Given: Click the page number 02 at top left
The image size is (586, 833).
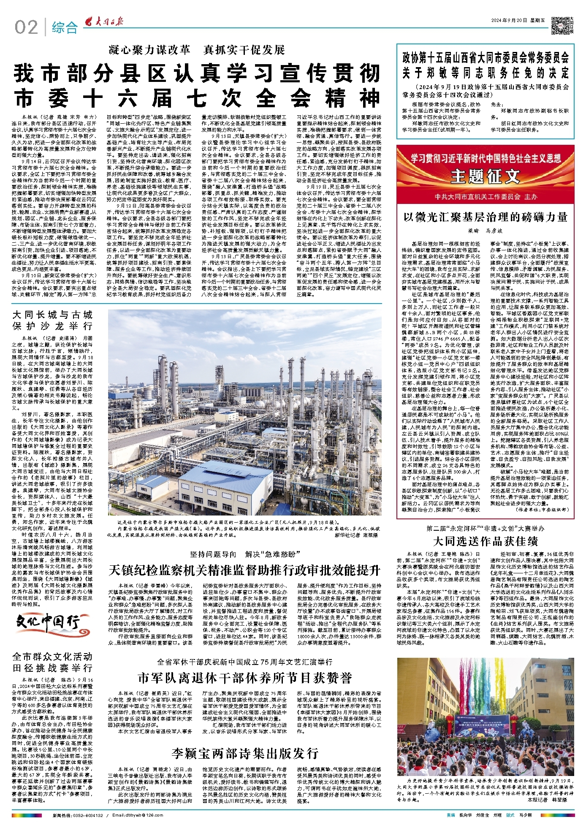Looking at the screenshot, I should click(26, 27).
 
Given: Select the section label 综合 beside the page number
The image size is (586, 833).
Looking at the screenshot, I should click(65, 28).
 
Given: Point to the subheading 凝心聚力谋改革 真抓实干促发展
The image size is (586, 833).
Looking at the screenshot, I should click(197, 50).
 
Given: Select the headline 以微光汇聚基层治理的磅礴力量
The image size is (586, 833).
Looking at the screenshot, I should click(485, 217).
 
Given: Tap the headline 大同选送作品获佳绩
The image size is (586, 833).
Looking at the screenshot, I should click(485, 541).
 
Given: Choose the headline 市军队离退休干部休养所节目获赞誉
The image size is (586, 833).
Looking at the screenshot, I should click(245, 678).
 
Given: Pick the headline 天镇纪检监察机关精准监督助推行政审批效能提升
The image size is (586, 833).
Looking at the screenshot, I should click(245, 570).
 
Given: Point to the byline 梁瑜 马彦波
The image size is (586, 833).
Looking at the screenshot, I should click(485, 231).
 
